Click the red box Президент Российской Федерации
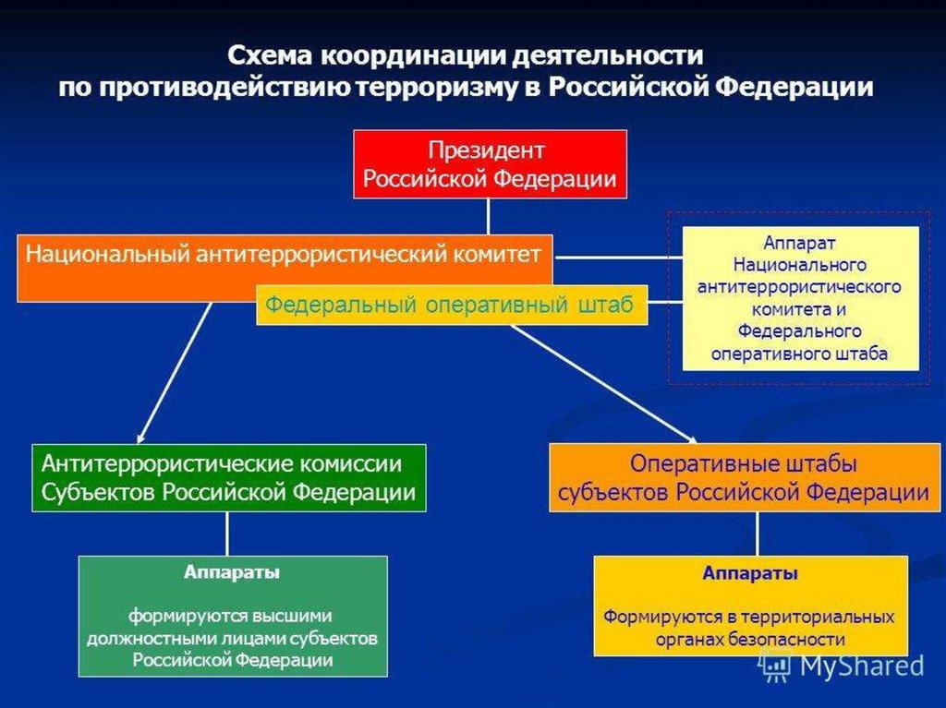pyautogui.click(x=490, y=164)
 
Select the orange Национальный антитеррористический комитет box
pyautogui.click(x=185, y=267)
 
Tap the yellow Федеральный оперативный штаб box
pyautogui.click(x=451, y=306)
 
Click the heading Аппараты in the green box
pyautogui.click(x=232, y=573)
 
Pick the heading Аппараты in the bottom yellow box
pyautogui.click(x=750, y=573)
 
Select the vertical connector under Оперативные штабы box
pyautogui.click(x=758, y=533)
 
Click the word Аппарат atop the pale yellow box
pyautogui.click(x=800, y=243)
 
